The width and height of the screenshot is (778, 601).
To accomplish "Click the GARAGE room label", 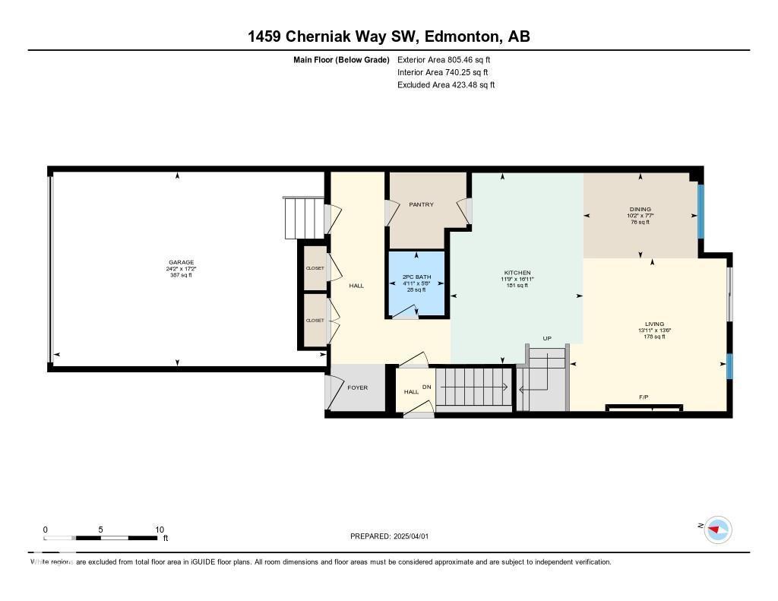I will point(181,262).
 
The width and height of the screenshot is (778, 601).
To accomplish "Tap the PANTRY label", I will point(421,204).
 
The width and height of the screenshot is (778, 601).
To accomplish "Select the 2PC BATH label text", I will point(416,277).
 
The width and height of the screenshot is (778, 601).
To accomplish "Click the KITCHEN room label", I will point(517,273).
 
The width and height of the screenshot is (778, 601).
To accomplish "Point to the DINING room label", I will point(640,209).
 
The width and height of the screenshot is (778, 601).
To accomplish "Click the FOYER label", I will point(357,387).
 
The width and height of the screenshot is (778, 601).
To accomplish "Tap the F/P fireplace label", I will point(644,397).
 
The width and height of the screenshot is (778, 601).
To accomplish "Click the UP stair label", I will point(546,338).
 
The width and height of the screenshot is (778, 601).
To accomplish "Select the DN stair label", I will point(427,386).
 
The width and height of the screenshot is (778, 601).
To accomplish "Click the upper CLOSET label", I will point(315,268).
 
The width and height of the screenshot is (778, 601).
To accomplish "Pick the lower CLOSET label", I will point(315,320).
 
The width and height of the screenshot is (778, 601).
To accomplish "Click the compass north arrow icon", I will point(717,529).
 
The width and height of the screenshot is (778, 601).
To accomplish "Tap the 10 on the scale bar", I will point(160,530).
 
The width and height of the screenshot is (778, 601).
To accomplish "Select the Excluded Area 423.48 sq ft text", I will point(446,85).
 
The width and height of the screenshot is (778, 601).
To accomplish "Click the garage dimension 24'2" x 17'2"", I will point(181,269).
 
